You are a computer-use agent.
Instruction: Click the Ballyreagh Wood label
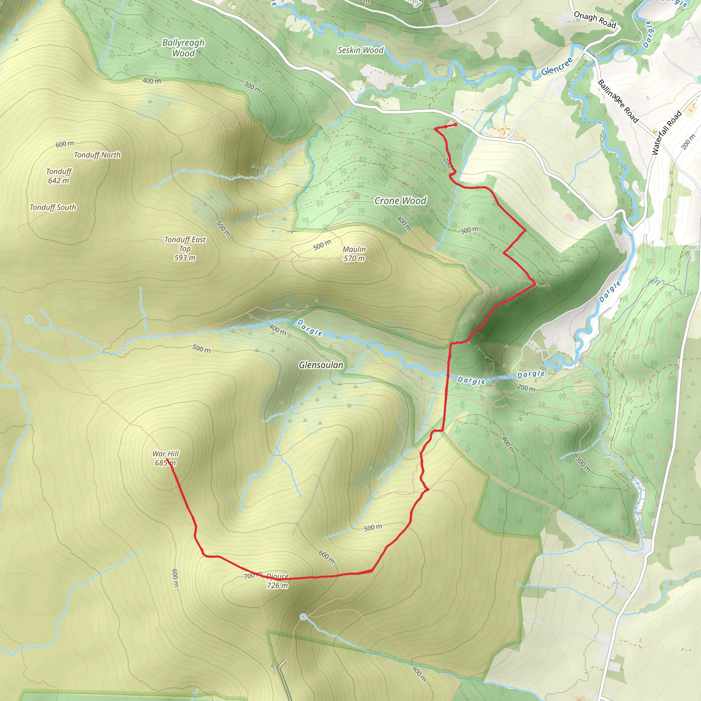(183, 48)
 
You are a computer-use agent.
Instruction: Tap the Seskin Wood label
(360, 50)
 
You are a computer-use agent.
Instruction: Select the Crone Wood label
(400, 201)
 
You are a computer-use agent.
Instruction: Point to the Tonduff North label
(97, 155)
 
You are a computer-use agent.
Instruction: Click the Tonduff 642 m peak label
(59, 176)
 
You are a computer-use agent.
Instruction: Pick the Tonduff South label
(53, 207)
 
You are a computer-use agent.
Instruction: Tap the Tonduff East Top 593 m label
(185, 248)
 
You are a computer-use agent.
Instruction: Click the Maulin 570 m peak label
(354, 254)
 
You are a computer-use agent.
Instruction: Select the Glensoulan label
(321, 365)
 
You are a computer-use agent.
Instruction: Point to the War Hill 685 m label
(165, 458)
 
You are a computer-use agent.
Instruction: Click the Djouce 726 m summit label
(278, 581)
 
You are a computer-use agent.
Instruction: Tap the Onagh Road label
(595, 20)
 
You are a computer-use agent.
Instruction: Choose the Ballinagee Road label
(617, 101)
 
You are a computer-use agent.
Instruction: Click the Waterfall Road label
(666, 133)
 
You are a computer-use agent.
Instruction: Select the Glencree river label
(557, 66)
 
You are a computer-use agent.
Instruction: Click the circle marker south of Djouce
(303, 617)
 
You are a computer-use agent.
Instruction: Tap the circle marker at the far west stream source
(29, 319)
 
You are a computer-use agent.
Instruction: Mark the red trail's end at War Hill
(167, 460)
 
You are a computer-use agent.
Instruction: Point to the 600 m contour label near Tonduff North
(65, 144)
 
